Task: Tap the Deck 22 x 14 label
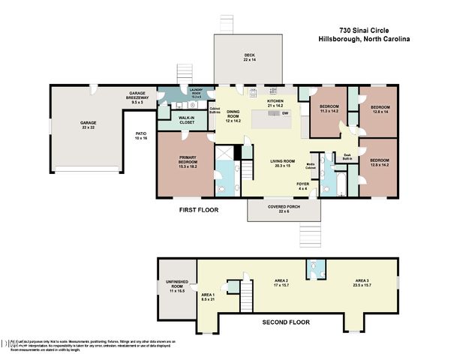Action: [x=249, y=57]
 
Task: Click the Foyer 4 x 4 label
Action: [x=302, y=185]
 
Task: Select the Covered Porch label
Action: [x=284, y=208]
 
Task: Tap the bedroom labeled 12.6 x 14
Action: [x=380, y=109]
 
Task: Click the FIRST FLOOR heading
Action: [x=198, y=211]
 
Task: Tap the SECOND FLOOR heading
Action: [x=286, y=322]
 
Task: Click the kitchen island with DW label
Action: [x=275, y=118]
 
